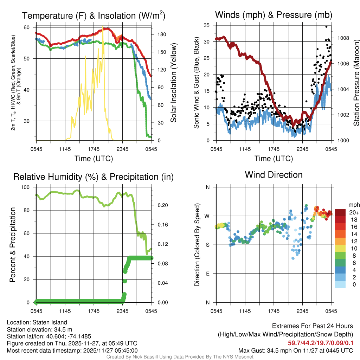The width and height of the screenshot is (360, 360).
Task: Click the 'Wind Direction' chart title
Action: tap(274, 175)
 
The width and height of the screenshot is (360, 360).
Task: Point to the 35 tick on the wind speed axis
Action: tap(207, 25)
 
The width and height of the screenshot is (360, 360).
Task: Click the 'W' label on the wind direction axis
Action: tap(207, 216)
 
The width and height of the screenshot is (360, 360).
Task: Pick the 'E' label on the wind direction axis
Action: tap(207, 274)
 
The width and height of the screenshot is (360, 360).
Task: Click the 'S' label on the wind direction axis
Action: tap(207, 245)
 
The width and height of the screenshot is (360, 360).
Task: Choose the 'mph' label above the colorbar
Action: tap(353, 205)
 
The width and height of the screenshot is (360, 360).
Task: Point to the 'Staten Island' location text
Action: tap(50, 322)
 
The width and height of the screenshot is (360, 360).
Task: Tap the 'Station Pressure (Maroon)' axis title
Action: tap(356, 83)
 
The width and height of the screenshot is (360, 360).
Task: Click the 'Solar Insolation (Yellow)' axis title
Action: tap(173, 83)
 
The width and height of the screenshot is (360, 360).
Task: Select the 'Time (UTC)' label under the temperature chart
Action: tap(94, 159)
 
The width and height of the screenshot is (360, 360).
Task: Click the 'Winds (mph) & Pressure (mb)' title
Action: tap(274, 15)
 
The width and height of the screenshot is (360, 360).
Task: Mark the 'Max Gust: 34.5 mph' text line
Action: tap(295, 350)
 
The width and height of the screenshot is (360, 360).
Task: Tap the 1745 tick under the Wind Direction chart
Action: tap(274, 311)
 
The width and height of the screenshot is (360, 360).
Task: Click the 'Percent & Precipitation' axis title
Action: tap(13, 245)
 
